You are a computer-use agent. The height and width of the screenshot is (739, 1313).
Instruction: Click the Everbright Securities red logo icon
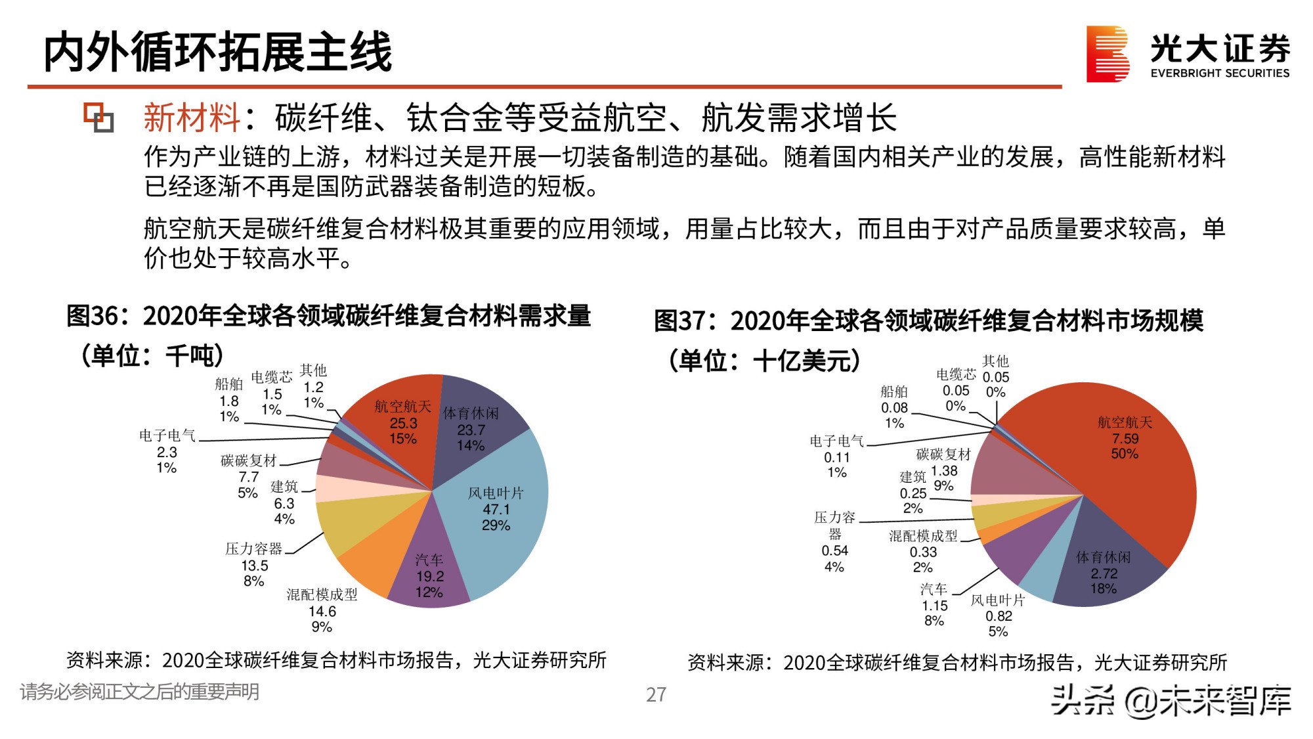(1108, 54)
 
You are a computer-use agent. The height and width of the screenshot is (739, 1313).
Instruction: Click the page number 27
(656, 694)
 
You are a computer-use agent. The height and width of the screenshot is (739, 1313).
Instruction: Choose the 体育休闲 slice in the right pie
(1109, 565)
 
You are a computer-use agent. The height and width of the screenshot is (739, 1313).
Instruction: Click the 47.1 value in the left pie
(496, 509)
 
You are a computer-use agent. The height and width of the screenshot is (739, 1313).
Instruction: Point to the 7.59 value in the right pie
(1125, 438)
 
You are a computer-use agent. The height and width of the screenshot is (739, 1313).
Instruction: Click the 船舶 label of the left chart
(228, 384)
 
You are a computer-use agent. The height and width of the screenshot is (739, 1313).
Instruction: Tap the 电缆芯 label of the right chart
(956, 374)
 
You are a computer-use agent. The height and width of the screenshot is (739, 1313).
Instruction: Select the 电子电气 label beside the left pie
(167, 436)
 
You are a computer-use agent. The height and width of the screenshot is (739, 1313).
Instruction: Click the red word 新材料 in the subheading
(192, 118)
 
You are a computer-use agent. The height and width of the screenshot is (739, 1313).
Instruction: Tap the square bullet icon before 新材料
(98, 118)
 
